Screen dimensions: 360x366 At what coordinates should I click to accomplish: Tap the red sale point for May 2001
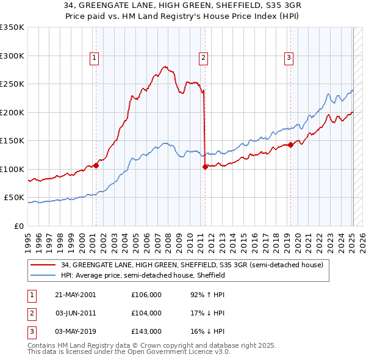96,165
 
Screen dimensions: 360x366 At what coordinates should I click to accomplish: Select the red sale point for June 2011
204,167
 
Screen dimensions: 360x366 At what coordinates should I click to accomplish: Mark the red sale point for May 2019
290,145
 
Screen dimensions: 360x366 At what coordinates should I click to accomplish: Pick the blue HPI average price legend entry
143,275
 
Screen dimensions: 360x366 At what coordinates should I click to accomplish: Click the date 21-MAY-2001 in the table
76,295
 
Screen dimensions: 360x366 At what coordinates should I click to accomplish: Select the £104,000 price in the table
146,313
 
